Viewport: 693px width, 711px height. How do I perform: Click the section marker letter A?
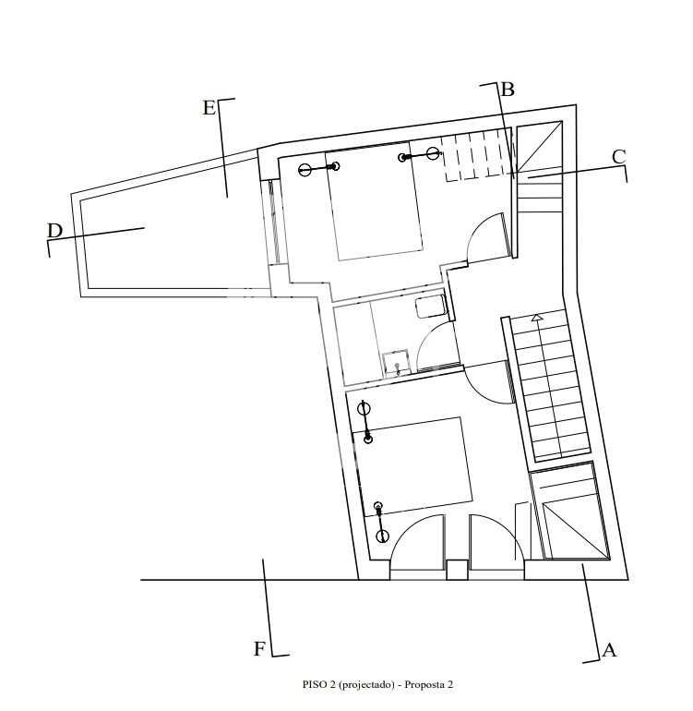tap(610, 650)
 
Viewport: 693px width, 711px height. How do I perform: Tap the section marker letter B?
tap(508, 90)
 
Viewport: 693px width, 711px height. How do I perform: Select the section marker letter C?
tap(618, 157)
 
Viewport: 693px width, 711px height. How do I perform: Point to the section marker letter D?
tap(54, 231)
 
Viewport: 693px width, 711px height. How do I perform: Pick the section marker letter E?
tap(209, 108)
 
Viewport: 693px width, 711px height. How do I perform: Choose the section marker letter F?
tap(258, 649)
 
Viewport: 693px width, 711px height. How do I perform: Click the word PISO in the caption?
tap(312, 685)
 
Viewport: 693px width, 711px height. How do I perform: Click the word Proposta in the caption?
tap(423, 685)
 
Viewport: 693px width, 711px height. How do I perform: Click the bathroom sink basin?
tap(397, 364)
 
